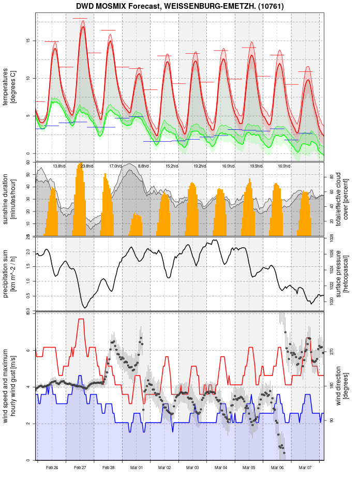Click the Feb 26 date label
[x=52, y=468]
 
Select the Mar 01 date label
[x=137, y=468]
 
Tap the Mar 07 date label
[x=305, y=468]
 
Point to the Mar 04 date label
[x=221, y=468]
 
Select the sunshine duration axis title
[x=9, y=199]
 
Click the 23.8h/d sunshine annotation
[x=87, y=166]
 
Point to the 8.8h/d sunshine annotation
[x=143, y=166]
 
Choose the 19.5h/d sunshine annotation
[x=256, y=166]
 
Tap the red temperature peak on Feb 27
[x=83, y=27]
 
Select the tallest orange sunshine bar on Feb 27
[x=81, y=164]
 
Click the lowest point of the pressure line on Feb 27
[x=85, y=308]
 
